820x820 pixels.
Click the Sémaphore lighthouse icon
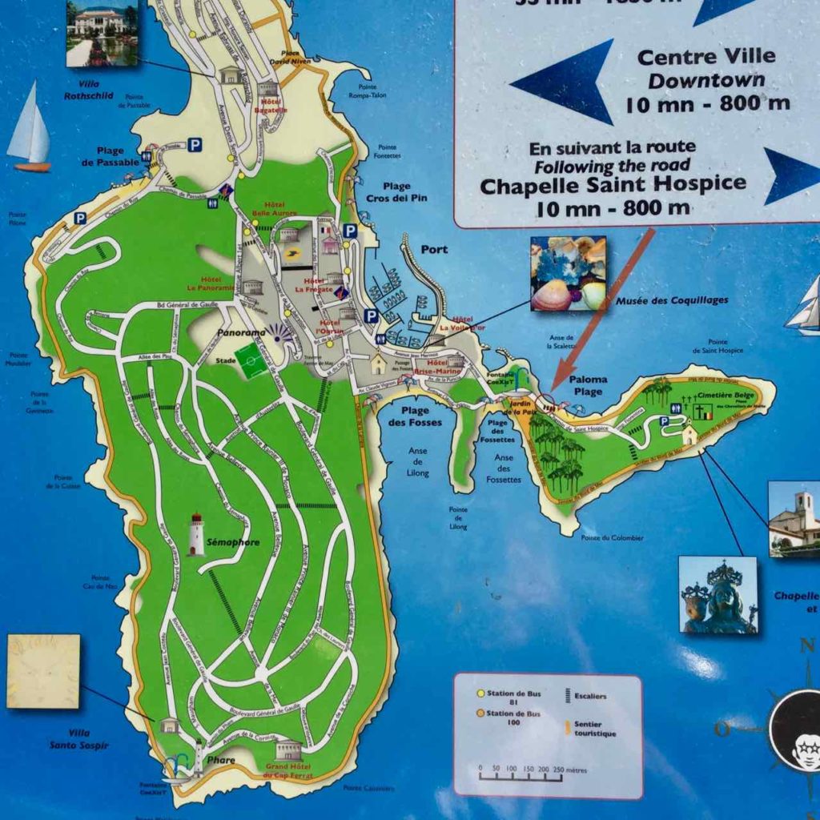click(x=196, y=535)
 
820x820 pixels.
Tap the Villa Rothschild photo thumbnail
click(x=102, y=33)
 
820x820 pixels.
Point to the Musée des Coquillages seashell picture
click(x=568, y=273)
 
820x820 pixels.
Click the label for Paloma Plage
click(x=589, y=385)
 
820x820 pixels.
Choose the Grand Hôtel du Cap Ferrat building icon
click(x=288, y=750)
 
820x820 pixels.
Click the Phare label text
click(x=221, y=760)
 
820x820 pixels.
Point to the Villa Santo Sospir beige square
click(x=43, y=671)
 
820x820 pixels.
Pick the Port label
click(x=434, y=249)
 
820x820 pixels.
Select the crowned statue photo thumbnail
click(x=717, y=595)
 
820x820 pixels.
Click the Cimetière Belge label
click(x=724, y=395)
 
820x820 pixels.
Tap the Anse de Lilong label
click(x=418, y=461)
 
